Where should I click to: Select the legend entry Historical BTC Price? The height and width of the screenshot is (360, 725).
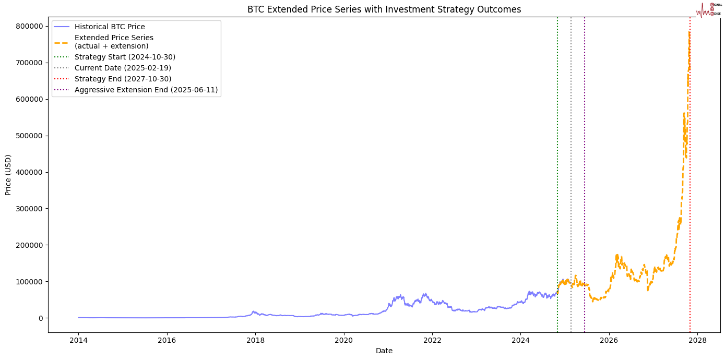(x=110, y=27)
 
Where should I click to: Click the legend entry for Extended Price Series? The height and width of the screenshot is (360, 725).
(x=114, y=42)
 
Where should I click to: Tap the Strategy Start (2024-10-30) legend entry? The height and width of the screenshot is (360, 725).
(x=125, y=57)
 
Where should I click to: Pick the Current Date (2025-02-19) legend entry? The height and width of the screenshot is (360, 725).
(x=123, y=68)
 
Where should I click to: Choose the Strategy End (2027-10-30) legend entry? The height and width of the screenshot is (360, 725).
(x=123, y=79)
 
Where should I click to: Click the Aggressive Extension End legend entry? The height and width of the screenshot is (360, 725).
(x=146, y=90)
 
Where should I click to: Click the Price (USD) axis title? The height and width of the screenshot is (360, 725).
(x=8, y=175)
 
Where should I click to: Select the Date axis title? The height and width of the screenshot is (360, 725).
(x=384, y=351)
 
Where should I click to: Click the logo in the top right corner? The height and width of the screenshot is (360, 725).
(x=709, y=9)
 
